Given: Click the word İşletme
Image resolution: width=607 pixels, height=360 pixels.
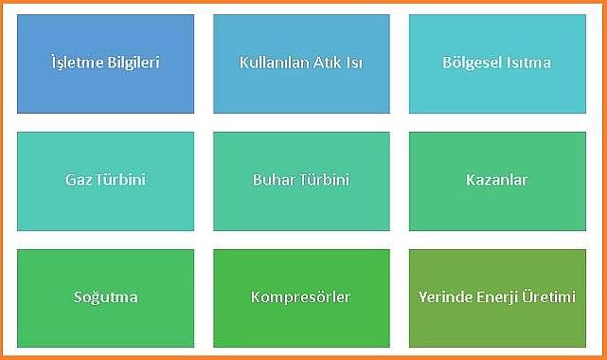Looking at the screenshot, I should click(x=77, y=63).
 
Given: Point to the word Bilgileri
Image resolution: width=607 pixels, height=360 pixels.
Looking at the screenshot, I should click(x=132, y=63).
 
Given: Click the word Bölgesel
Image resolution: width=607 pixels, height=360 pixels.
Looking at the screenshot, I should click(x=472, y=63).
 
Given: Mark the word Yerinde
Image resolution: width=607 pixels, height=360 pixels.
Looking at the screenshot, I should click(x=442, y=297).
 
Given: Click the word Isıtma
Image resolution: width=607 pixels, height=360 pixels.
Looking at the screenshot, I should click(x=527, y=63).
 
